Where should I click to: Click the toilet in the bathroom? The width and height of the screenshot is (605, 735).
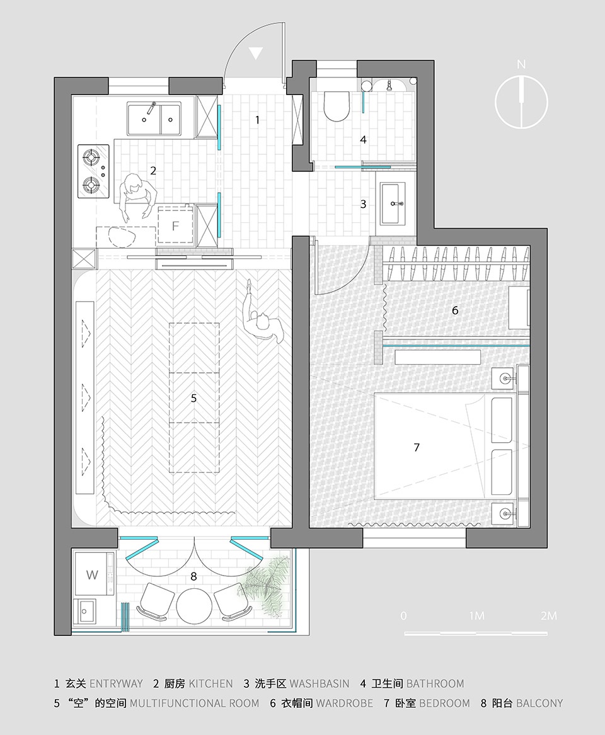[x=337, y=106]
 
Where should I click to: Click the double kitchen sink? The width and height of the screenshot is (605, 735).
[x=154, y=119]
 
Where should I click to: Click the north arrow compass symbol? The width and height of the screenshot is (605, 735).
[x=521, y=102]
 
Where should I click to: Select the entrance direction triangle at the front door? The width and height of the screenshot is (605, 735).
[x=256, y=53]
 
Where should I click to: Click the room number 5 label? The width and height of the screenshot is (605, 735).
[x=193, y=398]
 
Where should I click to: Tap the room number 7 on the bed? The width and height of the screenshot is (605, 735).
[x=417, y=447]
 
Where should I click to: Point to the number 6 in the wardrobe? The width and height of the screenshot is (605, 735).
[x=455, y=310]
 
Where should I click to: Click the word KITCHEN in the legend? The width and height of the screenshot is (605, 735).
[x=210, y=684]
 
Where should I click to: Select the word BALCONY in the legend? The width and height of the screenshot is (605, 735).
[x=539, y=703]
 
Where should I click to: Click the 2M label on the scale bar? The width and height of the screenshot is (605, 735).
[x=549, y=615]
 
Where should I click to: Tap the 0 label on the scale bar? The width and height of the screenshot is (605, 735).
[x=404, y=615]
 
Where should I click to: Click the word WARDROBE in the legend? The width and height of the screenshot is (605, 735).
[x=345, y=703]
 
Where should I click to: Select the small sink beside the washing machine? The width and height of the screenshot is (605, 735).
[x=85, y=611]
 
